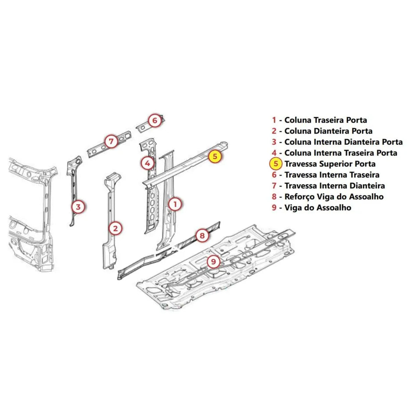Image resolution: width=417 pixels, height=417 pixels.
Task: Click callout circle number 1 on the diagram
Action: click(175, 204)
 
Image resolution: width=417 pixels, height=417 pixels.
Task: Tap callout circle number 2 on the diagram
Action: click(115, 228)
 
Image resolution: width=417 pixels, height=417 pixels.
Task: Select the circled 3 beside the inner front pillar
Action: click(78, 207)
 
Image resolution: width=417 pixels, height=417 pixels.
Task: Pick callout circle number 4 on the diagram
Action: click(147, 163)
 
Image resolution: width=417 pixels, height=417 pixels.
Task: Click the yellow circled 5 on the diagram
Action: click(215, 156)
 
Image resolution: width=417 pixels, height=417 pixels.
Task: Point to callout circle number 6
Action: click(155, 121)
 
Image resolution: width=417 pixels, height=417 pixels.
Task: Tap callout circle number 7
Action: click(111, 141)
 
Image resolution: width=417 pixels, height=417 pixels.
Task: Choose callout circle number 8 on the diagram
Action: click(202, 236)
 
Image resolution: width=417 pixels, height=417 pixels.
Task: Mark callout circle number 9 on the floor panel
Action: click(214, 262)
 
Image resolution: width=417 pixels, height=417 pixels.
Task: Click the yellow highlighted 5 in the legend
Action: click(276, 164)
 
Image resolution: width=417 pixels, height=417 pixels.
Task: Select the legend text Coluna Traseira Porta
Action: click(326, 120)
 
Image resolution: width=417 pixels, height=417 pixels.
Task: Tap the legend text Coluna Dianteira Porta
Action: click(328, 131)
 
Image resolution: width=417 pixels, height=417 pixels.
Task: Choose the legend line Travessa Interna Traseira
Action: click(332, 175)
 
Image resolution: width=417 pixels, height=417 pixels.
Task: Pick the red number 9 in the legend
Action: click(274, 208)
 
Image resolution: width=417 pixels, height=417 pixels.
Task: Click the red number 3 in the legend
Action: click(274, 142)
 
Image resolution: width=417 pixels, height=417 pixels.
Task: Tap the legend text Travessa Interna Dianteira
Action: click(334, 186)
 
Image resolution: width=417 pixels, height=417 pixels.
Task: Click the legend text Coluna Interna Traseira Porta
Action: click(341, 153)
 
